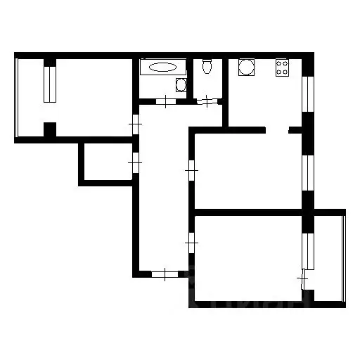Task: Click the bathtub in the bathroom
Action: pyautogui.click(x=163, y=67)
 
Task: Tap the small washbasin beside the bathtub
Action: pyautogui.click(x=181, y=86)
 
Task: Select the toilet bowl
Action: pyautogui.click(x=207, y=67)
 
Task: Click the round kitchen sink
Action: pyautogui.click(x=247, y=68)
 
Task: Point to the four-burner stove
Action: pyautogui.click(x=283, y=68)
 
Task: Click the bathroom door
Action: pyautogui.click(x=166, y=101)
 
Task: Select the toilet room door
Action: pyautogui.click(x=207, y=101)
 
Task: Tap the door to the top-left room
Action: pyautogui.click(x=136, y=127)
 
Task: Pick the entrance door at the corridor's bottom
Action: pyautogui.click(x=163, y=274)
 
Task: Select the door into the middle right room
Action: pyautogui.click(x=191, y=169)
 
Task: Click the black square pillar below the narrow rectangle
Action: pyautogui.click(x=50, y=130)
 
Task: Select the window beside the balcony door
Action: pyautogui.click(x=307, y=250)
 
